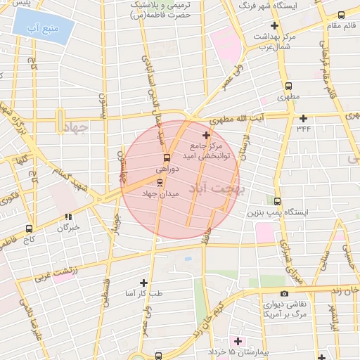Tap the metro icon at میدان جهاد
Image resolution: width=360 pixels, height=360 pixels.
(x=159, y=182)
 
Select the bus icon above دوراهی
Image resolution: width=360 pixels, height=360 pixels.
(x=167, y=157)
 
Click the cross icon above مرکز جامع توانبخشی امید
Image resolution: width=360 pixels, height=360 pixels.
(x=205, y=135)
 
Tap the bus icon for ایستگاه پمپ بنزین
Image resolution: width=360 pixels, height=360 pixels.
(x=277, y=200)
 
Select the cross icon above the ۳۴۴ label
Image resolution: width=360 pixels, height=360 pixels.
(x=303, y=117)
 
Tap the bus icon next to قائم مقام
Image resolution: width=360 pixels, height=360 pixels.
(x=342, y=15)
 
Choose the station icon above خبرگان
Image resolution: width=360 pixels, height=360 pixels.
(x=67, y=217)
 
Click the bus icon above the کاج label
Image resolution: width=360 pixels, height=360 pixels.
(x=29, y=229)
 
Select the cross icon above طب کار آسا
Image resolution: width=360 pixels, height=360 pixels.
(x=144, y=282)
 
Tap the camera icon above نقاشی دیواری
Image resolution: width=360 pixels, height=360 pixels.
(x=284, y=293)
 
